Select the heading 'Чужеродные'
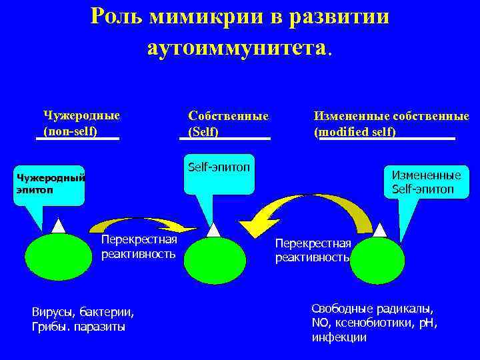(81, 115)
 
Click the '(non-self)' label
(70, 131)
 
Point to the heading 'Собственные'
(228, 115)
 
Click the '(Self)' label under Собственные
(203, 132)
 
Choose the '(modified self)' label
(355, 132)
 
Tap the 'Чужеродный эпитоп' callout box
(51, 184)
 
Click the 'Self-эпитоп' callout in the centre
(218, 175)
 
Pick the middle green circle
(215, 260)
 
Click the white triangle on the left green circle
(59, 225)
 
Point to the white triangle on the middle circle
(213, 230)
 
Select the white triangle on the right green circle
(380, 230)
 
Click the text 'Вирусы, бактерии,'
(83, 312)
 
